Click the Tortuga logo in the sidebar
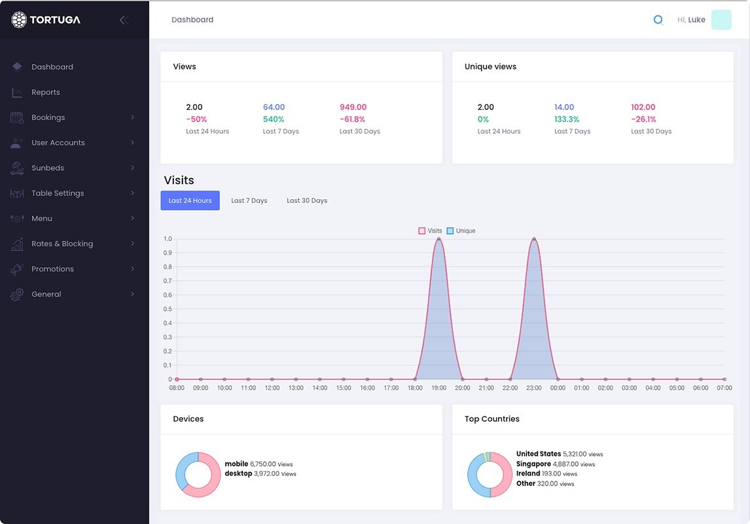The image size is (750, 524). (x=46, y=20)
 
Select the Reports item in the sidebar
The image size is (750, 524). (x=45, y=92)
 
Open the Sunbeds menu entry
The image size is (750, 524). (x=48, y=168)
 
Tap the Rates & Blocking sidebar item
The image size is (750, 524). (x=62, y=244)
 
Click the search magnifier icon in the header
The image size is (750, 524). (x=658, y=20)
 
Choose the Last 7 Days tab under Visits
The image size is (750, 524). (x=249, y=200)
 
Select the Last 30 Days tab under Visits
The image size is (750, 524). (x=307, y=200)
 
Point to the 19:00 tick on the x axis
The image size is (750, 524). (x=438, y=388)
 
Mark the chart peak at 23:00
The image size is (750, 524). (x=534, y=239)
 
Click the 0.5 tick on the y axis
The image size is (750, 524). (x=168, y=309)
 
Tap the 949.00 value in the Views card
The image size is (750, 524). (x=353, y=107)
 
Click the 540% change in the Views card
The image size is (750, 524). (x=274, y=119)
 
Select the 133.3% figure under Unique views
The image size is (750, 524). (x=565, y=119)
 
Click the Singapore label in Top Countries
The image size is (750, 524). (x=533, y=464)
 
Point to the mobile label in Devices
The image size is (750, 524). (x=236, y=464)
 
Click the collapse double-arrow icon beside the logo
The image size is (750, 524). (x=124, y=20)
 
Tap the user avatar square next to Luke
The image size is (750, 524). (x=721, y=20)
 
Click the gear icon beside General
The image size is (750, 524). (x=17, y=295)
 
